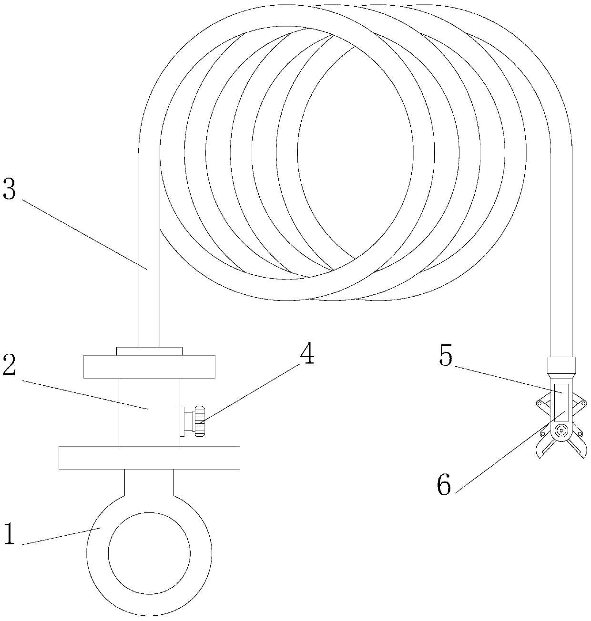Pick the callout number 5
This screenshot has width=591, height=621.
446,357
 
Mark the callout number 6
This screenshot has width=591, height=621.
444,486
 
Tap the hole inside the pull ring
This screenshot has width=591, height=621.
149,553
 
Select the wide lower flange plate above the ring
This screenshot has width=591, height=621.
149,458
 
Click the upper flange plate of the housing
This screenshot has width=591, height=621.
149,367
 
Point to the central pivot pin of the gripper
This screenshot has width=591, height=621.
561,431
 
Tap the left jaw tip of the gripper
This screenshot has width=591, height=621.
540,455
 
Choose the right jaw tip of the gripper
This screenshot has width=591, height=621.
583,455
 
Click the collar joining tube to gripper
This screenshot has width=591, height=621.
561,366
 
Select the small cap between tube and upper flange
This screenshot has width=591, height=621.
149,351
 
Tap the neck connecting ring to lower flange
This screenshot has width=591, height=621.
149,482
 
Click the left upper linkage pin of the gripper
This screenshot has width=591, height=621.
540,404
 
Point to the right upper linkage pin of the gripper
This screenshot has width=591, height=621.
582,404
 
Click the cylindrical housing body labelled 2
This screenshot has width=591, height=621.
149,412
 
